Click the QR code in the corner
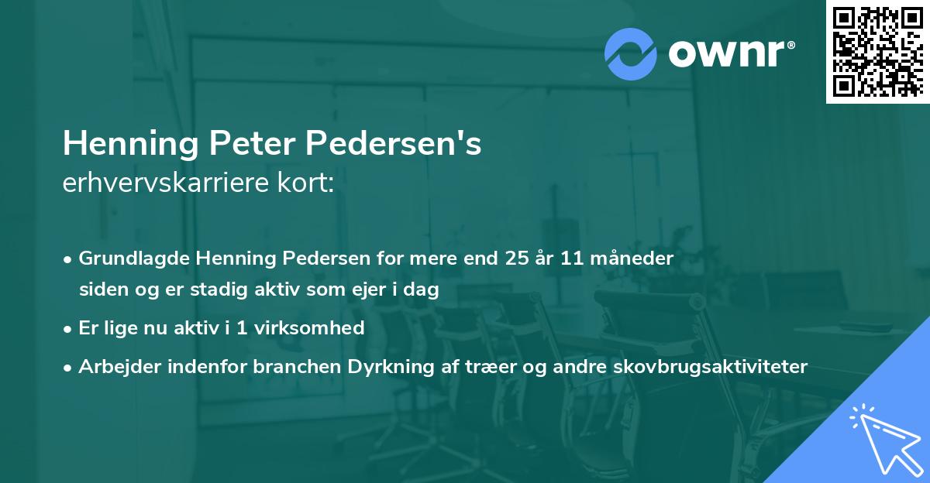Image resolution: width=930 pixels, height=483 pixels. coord(877,52)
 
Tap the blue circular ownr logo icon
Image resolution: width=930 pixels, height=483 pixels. coord(631,53)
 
